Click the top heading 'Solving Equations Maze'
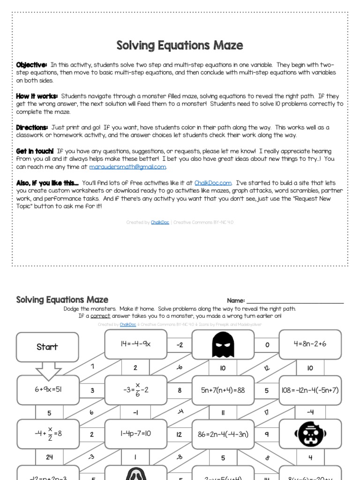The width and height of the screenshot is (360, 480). click(x=180, y=45)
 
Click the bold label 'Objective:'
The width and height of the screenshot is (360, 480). click(x=31, y=65)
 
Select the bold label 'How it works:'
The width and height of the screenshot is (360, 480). click(x=37, y=96)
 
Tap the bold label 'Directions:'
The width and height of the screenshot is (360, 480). click(x=32, y=127)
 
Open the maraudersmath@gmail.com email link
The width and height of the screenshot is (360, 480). click(x=127, y=167)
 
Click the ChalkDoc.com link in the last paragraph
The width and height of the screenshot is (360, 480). click(x=213, y=183)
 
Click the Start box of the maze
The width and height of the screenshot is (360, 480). click(x=47, y=347)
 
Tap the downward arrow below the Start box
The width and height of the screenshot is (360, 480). click(x=48, y=371)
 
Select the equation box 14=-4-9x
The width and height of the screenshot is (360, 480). click(x=135, y=345)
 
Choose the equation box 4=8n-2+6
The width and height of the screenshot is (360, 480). click(x=310, y=345)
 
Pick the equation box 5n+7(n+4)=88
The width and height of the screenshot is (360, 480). click(x=223, y=390)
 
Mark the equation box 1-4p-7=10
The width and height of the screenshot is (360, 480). click(x=135, y=434)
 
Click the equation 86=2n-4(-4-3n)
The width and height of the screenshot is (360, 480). click(x=223, y=434)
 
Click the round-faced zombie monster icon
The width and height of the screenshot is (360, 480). click(x=310, y=434)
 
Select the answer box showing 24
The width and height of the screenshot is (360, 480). click(x=49, y=457)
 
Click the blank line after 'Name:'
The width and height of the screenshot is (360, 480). click(x=295, y=300)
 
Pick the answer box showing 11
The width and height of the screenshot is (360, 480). click(x=223, y=412)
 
